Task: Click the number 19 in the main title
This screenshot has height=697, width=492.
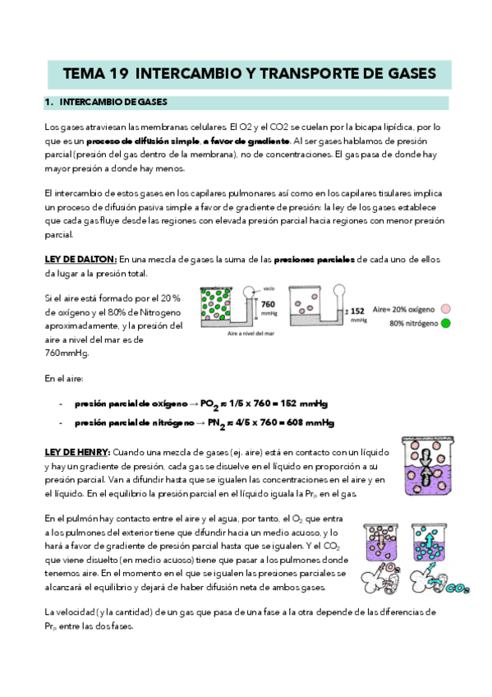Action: [x=117, y=74]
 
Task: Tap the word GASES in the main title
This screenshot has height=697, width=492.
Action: [x=412, y=74]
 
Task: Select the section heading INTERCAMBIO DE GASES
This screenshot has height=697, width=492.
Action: [x=113, y=102]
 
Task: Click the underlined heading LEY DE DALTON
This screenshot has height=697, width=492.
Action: [x=80, y=260]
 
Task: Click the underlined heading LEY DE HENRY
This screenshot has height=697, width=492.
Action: [x=77, y=453]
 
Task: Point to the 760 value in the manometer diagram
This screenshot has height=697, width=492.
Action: [x=268, y=304]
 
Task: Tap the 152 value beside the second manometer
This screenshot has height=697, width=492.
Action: [x=357, y=312]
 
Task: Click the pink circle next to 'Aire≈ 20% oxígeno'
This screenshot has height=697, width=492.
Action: [x=445, y=309]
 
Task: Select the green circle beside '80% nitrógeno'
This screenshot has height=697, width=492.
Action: [x=445, y=323]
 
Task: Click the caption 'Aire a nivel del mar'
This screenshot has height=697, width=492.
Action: [x=251, y=334]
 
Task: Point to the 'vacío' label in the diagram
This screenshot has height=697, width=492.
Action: [x=269, y=289]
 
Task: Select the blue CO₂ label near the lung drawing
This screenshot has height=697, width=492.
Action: [x=458, y=589]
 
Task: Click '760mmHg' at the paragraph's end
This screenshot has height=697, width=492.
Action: [x=67, y=353]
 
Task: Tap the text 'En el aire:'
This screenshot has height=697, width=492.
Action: [x=64, y=379]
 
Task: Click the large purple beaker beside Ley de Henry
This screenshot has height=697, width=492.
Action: [x=428, y=465]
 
